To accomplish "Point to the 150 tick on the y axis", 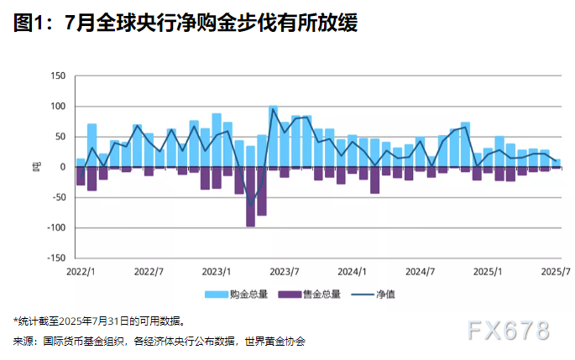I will coord(59,76).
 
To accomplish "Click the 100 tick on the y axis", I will coord(59,107).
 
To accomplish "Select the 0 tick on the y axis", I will coord(63,167).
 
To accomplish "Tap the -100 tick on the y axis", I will coord(57,227).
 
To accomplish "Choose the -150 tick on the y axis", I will coord(57,258).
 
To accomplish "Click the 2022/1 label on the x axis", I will coord(81,272).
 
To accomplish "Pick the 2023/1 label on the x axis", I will coord(217,272).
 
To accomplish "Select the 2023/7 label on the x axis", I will coord(285,272).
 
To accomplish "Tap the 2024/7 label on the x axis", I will coord(420,272).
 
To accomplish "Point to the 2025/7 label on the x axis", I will coord(555,272).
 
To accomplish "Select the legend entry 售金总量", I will coord(313,295).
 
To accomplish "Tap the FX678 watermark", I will coord(509,330).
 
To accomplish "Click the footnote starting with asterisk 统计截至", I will coord(98,321).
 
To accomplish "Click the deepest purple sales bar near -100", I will coord(250,196).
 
